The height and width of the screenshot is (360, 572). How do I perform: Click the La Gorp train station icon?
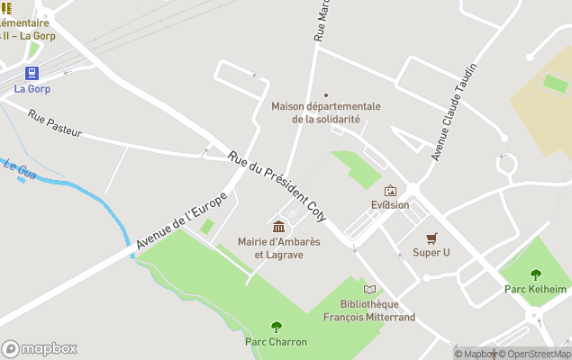click(x=32, y=73)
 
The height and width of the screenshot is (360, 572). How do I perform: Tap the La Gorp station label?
click(x=32, y=89)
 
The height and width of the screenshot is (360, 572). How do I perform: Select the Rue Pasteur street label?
click(x=54, y=123)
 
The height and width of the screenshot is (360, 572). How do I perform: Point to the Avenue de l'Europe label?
click(x=178, y=225)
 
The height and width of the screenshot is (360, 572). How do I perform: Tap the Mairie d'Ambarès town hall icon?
click(x=279, y=225)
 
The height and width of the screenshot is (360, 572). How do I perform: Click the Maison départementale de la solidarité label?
click(x=326, y=112)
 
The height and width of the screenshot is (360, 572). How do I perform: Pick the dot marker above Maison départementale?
click(x=326, y=94)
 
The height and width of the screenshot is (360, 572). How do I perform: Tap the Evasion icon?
click(x=390, y=190)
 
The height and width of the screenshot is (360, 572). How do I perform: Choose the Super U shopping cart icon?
click(x=431, y=238)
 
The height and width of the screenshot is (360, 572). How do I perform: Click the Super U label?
click(x=431, y=253)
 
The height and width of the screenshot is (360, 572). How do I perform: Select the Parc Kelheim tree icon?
click(x=536, y=274)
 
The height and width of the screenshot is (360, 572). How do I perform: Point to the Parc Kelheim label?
click(x=536, y=289)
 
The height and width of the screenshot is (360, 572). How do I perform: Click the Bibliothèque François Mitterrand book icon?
click(x=369, y=289)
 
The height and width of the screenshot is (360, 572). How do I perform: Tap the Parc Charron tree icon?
click(x=276, y=327)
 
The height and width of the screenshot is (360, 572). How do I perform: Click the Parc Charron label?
click(x=276, y=342)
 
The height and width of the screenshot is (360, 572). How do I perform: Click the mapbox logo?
click(x=40, y=348)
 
